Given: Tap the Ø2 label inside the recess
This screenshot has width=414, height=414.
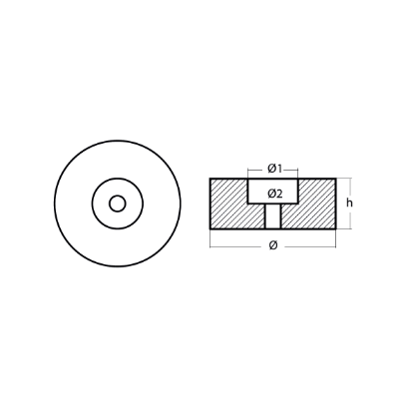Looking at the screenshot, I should click(x=273, y=191).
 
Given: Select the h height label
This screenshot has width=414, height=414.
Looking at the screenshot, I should click(x=350, y=204).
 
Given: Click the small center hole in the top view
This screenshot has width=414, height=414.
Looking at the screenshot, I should click(x=118, y=204).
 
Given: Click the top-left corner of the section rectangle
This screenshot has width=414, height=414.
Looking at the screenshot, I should click(x=210, y=179).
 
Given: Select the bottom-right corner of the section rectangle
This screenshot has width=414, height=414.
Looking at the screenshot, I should click(x=336, y=228).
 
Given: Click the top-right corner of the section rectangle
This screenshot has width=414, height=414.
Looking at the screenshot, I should click(x=336, y=179).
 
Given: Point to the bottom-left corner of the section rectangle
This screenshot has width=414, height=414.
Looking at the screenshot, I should click(x=210, y=228).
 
